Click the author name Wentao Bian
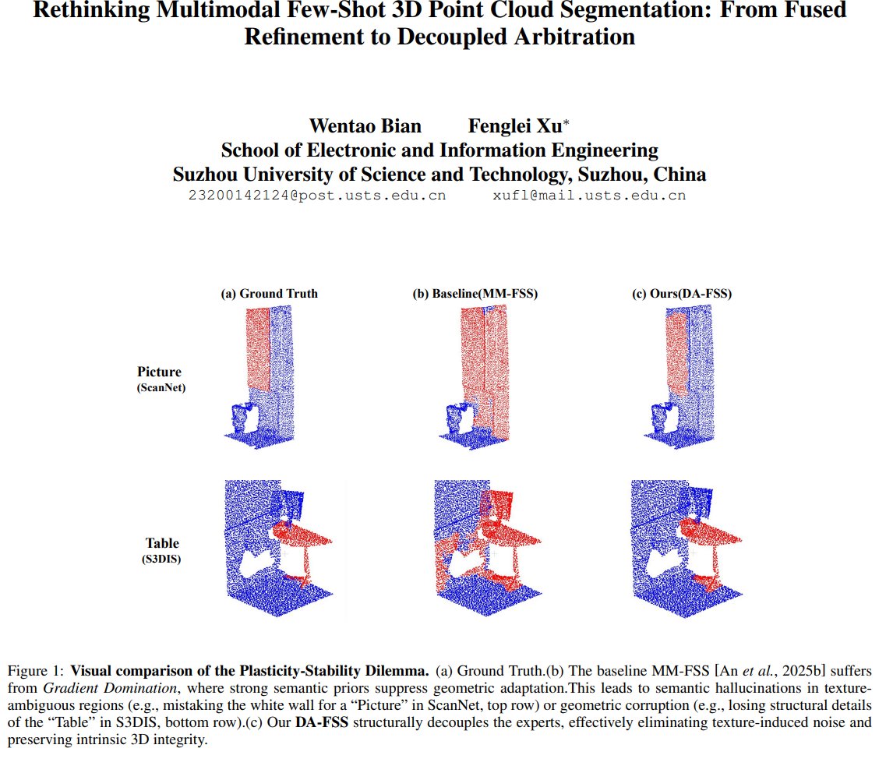click(365, 126)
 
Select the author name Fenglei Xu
click(519, 126)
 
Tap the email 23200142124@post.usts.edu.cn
click(317, 196)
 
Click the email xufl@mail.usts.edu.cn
click(589, 196)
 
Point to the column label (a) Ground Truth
click(270, 294)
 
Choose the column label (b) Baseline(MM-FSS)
click(475, 294)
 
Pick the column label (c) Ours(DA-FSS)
click(682, 294)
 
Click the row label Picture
click(159, 372)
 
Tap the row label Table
click(161, 543)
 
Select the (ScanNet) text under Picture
click(161, 387)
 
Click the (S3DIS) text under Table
click(161, 559)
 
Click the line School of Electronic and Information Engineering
click(439, 150)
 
